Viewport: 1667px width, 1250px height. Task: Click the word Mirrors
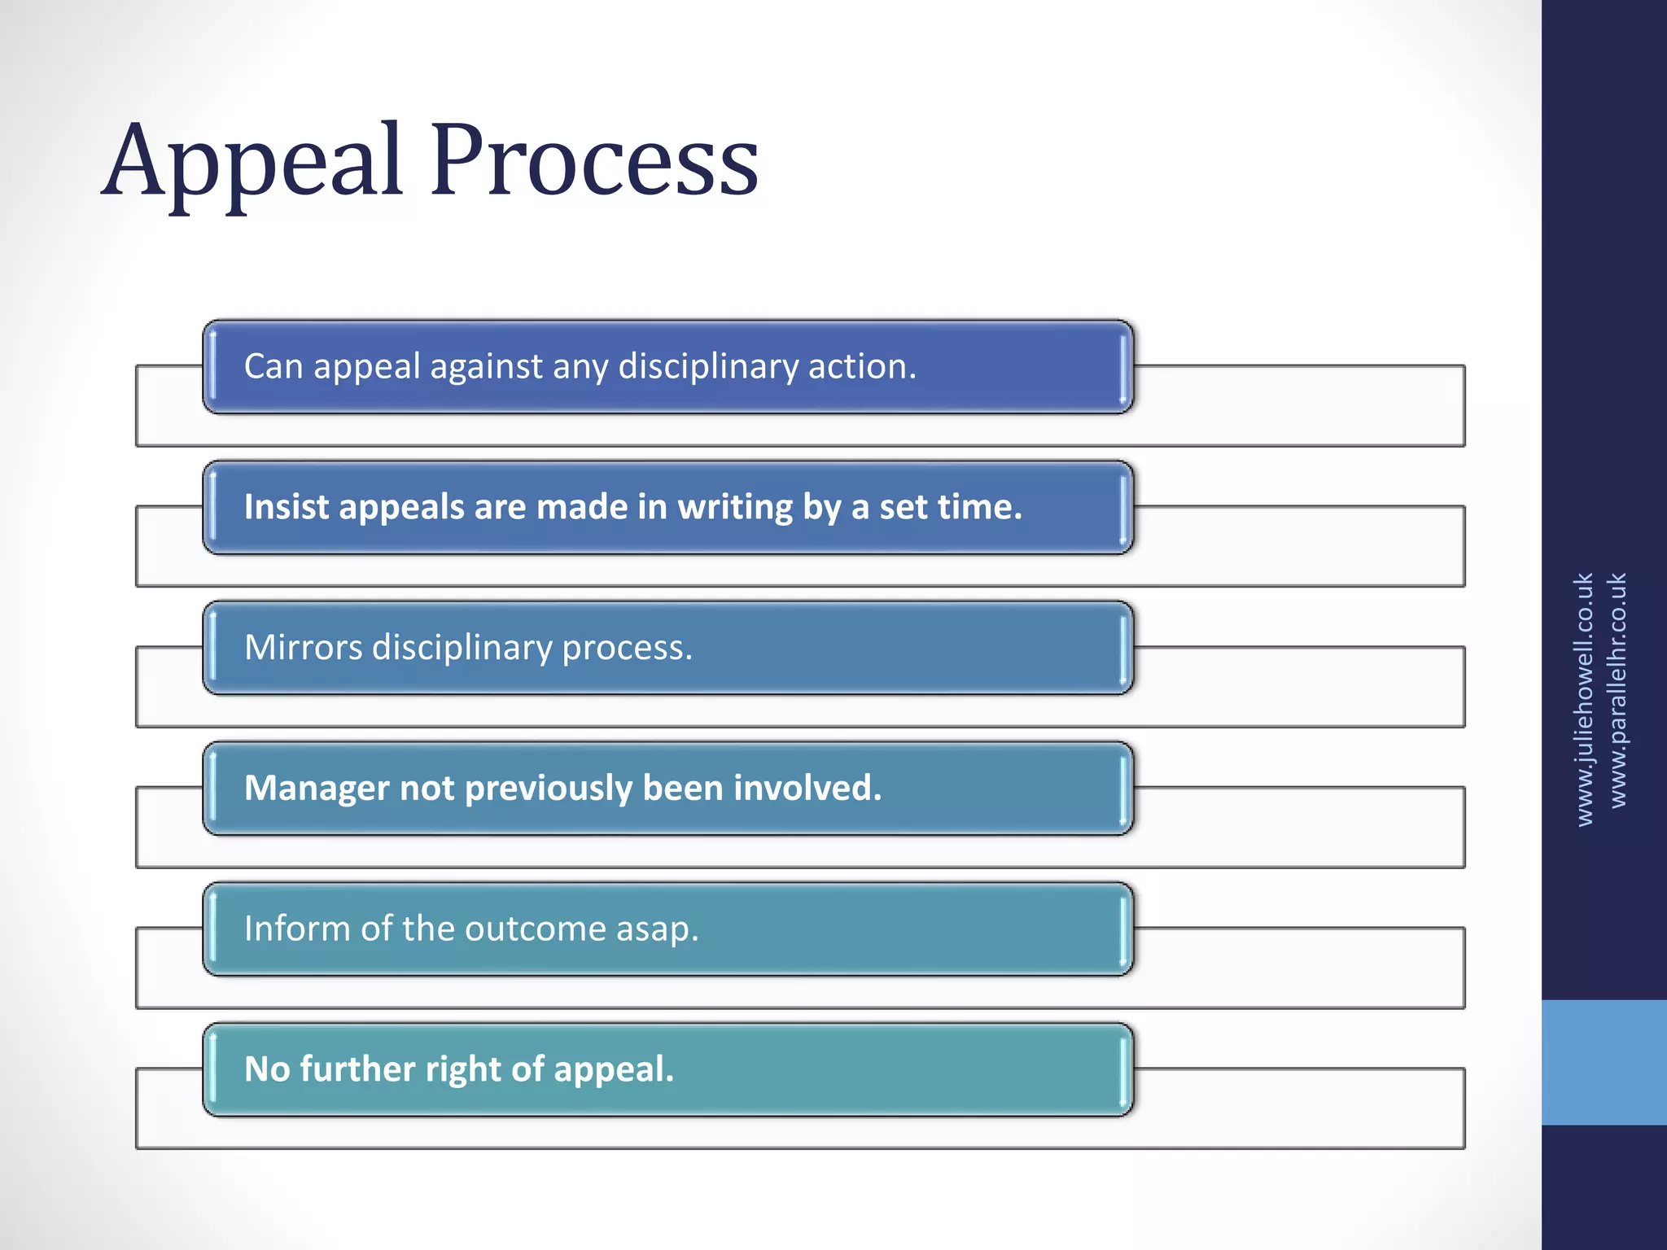303,648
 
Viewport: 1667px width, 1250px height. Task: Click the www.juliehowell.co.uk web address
1584,699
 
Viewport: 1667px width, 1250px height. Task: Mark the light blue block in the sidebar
1604,1062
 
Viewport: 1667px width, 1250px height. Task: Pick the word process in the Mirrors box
627,649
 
